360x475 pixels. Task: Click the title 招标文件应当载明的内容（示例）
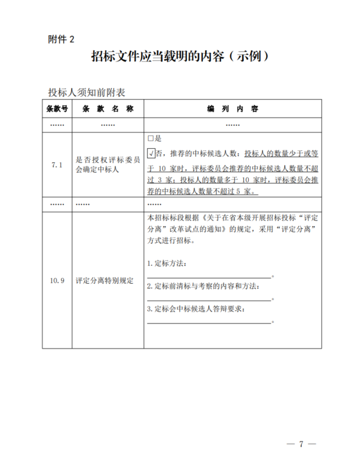click(179, 57)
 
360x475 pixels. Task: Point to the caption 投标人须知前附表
click(87, 92)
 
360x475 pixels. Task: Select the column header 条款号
click(57, 108)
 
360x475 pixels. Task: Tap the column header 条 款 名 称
click(108, 108)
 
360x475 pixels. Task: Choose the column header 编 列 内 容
click(232, 108)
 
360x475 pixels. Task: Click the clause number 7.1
click(56, 165)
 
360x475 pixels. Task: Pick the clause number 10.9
click(57, 281)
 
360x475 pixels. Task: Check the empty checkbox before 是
click(150, 138)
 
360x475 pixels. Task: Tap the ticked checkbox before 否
click(151, 153)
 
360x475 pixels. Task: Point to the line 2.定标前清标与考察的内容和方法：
click(203, 286)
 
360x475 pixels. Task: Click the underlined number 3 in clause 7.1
click(161, 179)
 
